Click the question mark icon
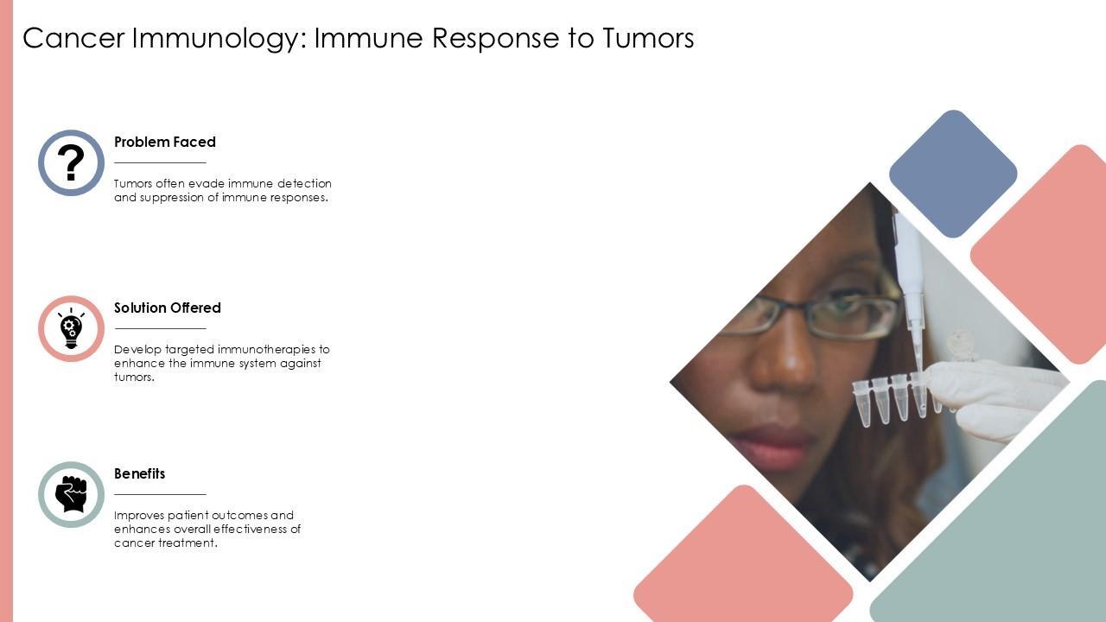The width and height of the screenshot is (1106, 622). [x=71, y=162]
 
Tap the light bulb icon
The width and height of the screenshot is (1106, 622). [x=71, y=328]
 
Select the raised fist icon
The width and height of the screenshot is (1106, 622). [x=71, y=494]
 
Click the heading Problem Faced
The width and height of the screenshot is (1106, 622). [x=165, y=142]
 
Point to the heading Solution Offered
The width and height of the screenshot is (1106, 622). [x=168, y=308]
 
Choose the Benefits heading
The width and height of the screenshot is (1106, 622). [x=140, y=473]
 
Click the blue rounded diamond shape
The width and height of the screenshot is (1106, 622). [x=952, y=174]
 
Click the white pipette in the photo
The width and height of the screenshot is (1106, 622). [x=910, y=276]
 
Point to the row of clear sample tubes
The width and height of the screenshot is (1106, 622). [x=890, y=399]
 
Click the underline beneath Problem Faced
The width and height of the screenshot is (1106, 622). [x=160, y=162]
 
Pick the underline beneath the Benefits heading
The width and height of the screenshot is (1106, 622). [x=160, y=494]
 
